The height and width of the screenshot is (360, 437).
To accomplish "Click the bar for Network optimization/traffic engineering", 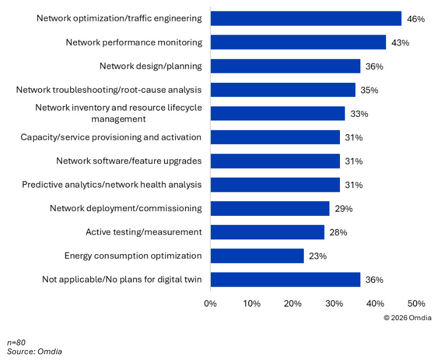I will tap(306, 18).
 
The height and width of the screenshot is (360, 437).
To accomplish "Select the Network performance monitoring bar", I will tap(298, 42).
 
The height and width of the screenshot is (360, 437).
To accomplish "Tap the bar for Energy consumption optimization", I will tap(257, 256).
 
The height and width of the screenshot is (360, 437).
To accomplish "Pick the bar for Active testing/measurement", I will tap(267, 232).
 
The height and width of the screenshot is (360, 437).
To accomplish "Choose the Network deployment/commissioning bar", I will tap(270, 209).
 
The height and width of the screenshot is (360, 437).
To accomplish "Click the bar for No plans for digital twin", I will tap(285, 279).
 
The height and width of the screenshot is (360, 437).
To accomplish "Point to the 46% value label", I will tap(415, 19).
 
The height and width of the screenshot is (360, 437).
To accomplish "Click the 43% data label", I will tap(400, 43).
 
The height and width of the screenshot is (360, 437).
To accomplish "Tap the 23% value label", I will tap(318, 256).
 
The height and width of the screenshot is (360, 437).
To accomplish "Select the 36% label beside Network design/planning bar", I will tap(375, 67).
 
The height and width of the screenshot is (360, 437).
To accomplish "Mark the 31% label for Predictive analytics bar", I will tap(354, 185).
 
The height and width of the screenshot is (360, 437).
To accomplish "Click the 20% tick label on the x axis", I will tap(293, 304).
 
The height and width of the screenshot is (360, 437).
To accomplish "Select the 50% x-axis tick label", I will tap(416, 304).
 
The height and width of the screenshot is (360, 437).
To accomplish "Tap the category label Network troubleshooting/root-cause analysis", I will tap(109, 90).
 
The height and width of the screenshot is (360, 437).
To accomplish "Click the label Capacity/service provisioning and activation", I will tap(111, 137).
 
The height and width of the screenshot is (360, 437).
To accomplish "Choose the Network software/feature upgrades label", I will tap(129, 161).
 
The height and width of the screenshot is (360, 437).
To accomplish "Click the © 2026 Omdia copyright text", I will tap(408, 317).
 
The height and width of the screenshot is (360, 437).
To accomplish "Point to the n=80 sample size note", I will tap(16, 343).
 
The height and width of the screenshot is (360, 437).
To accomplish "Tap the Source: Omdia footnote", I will tap(34, 352).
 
